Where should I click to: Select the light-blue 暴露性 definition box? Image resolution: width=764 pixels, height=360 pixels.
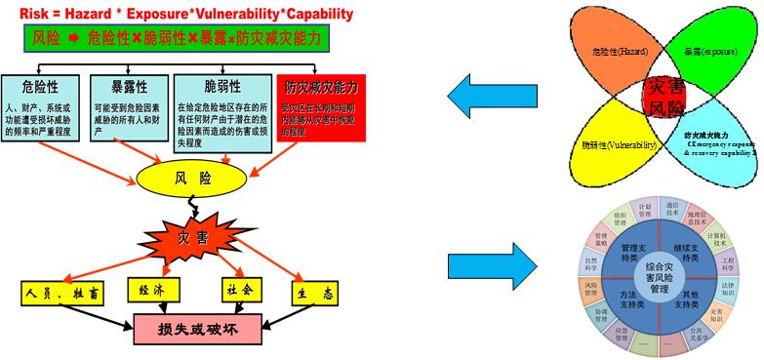click(x=127, y=108)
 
